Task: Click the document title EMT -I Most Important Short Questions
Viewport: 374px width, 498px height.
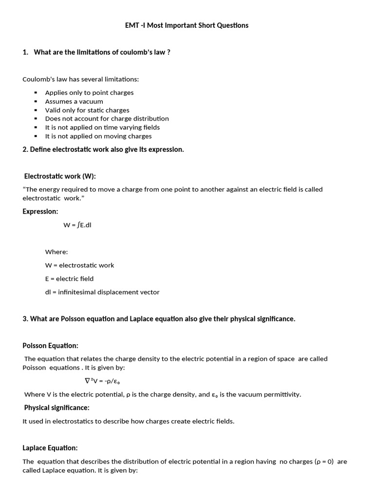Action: [x=187, y=25]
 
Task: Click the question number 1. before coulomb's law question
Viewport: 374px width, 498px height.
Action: [x=26, y=53]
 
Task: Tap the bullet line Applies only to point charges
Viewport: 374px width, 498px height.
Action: [x=89, y=92]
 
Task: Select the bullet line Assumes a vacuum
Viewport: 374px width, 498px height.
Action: [x=74, y=101]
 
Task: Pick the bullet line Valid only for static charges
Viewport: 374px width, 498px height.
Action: [x=87, y=110]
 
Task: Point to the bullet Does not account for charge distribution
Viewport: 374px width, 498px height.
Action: [x=107, y=119]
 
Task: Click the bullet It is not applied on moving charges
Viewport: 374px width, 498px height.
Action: [x=98, y=136]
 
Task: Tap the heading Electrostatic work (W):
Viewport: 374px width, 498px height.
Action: [x=63, y=176]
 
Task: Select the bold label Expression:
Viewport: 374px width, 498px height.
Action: [x=40, y=212]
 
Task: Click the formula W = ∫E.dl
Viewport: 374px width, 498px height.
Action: [x=77, y=225]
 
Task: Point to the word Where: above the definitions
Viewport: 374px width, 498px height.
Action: [x=56, y=252]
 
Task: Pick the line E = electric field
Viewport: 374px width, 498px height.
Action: [x=69, y=279]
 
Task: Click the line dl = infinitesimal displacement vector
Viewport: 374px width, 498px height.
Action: [x=102, y=292]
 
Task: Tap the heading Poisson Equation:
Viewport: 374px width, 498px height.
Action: [x=50, y=346]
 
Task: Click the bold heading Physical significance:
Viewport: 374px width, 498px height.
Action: [x=56, y=408]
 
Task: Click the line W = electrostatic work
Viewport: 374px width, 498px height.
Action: [x=80, y=266]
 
